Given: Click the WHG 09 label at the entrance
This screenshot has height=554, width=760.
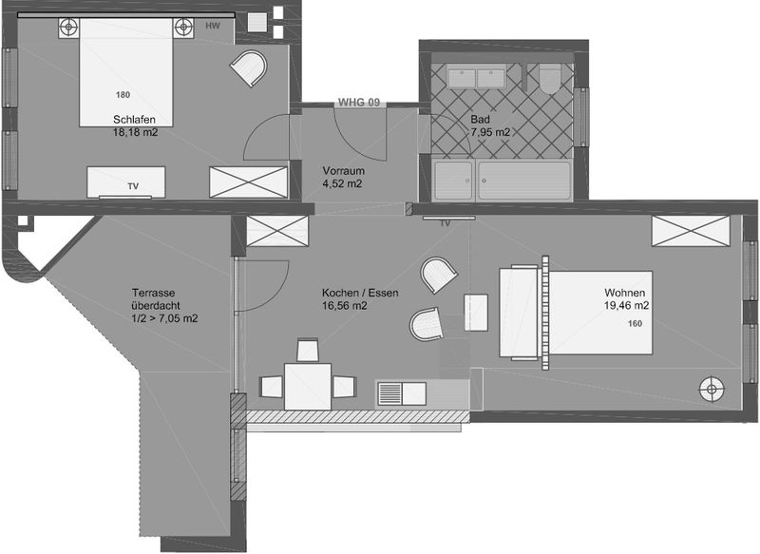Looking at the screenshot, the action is [359, 103].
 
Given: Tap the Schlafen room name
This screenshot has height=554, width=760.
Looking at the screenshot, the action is [134, 119].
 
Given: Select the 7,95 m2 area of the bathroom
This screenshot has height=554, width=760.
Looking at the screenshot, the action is [490, 132].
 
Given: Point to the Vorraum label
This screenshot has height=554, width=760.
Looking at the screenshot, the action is [343, 171].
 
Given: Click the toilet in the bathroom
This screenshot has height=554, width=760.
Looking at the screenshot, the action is [550, 78].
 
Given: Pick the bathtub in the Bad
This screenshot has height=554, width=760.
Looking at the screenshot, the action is [524, 181].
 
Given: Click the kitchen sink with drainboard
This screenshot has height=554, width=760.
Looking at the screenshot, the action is [401, 393].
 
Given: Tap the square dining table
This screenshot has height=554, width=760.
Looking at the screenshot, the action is [308, 387].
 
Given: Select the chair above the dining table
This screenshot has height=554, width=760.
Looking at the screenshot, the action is [307, 350].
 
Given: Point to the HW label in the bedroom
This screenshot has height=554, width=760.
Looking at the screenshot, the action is [212, 26].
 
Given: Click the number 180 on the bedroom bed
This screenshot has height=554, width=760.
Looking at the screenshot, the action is [123, 94].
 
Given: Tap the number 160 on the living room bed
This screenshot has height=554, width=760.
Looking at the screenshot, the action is [635, 323].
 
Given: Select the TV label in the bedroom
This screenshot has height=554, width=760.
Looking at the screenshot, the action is [133, 186].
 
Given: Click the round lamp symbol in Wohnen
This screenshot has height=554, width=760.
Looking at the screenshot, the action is [712, 389].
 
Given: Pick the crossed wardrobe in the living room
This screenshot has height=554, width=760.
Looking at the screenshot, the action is [691, 231].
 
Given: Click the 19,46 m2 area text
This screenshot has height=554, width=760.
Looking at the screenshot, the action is [626, 306].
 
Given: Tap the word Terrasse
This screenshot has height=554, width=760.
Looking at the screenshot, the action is [153, 293].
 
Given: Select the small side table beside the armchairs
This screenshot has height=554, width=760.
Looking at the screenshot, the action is [476, 312].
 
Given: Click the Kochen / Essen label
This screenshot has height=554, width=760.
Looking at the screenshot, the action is [360, 293].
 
